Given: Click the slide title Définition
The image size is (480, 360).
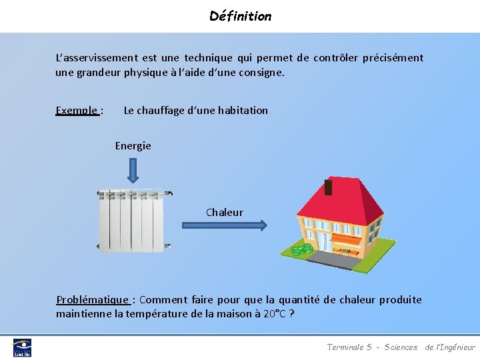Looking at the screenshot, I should point(240,16).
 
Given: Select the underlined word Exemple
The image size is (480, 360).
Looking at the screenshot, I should point(77,111).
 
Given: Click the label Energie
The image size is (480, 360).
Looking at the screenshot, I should point(133,145).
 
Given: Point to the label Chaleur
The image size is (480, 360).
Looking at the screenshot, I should point(225,213).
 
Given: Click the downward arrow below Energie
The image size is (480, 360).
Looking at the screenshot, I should point(133,169).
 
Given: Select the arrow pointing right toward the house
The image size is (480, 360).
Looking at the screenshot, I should point(225,226).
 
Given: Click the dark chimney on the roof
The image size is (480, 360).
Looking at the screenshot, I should point(328,187).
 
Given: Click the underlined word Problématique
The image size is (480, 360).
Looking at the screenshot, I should point(93,300).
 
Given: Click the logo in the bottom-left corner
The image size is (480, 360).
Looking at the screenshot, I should point(22,347).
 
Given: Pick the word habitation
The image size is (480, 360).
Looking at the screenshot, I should point(242,111).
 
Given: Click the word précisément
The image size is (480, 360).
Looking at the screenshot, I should point(393,58).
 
